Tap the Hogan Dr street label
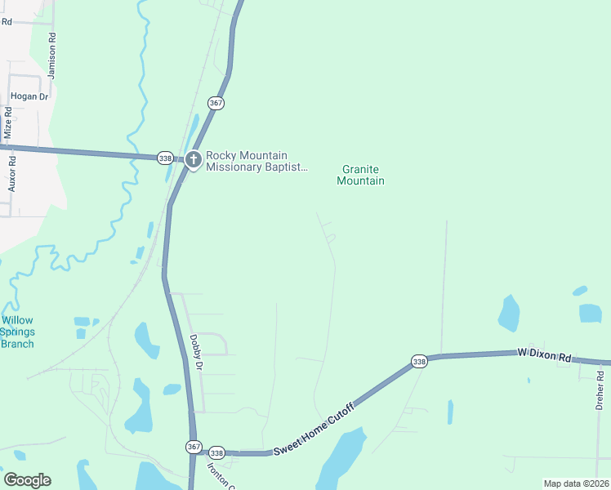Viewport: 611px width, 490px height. pos(30,96)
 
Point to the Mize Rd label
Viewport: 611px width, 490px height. pos(8,123)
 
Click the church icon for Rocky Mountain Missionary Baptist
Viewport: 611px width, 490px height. pos(194,159)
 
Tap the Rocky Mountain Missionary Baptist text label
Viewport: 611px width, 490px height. pos(257,161)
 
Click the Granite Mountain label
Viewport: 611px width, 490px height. pos(360,175)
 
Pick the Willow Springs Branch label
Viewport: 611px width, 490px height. pos(17,332)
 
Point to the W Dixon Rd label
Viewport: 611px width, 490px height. pos(544,356)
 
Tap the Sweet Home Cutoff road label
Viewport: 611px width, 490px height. pos(314,429)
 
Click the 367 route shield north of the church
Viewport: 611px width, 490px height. pos(216,104)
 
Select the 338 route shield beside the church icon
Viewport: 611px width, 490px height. pos(166,158)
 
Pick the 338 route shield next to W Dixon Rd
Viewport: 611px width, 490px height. pos(419,361)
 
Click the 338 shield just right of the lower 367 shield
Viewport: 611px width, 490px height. pos(216,452)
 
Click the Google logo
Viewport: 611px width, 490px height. pos(27,480)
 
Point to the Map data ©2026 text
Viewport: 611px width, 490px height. pos(576,483)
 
